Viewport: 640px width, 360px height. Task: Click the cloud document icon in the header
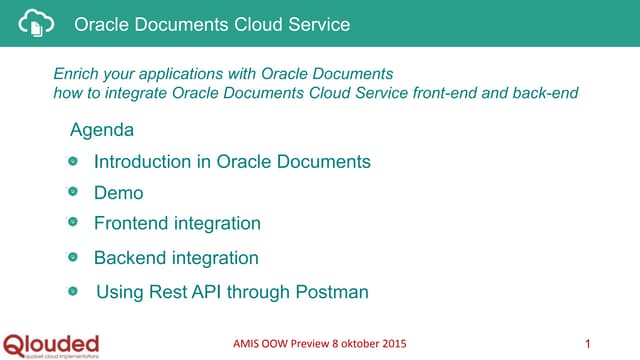37,23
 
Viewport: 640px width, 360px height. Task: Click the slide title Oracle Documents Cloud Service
212,24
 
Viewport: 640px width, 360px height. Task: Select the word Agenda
102,131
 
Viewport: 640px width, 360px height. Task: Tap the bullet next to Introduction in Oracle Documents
73,162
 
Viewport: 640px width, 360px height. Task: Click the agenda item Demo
118,193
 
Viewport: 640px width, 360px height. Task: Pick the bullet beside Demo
73,193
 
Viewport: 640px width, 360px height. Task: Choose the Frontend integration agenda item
177,224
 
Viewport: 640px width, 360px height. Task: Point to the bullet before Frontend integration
73,224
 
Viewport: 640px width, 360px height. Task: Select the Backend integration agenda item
176,258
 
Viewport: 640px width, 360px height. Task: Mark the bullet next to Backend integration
73,258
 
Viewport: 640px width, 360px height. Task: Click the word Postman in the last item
332,292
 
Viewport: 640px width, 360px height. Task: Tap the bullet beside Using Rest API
73,292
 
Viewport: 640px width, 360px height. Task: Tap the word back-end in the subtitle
547,93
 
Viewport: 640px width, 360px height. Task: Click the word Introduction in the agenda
141,162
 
